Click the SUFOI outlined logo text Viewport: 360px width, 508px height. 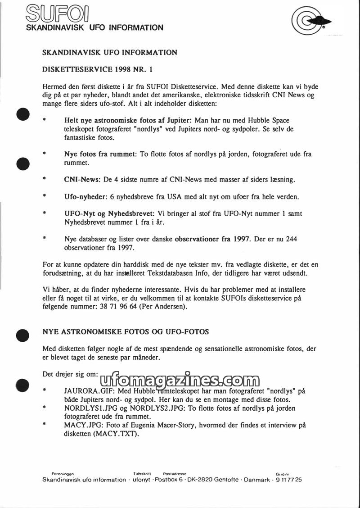(57, 13)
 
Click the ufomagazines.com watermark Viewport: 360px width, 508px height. (177, 382)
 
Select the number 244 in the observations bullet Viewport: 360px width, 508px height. (291, 239)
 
